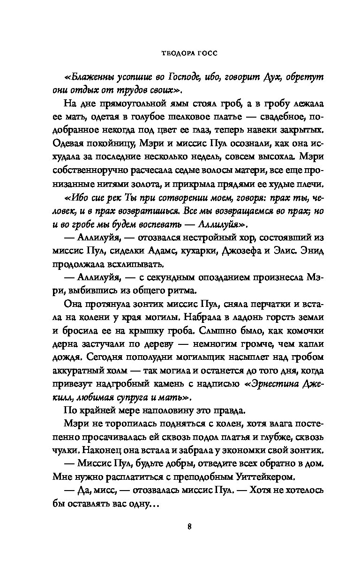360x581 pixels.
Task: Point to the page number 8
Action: click(189, 525)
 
